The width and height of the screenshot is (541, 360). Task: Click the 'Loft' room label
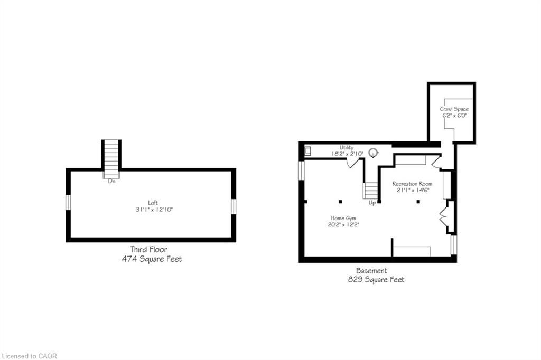[x=153, y=202]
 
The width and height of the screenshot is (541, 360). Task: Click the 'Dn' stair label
[x=111, y=181]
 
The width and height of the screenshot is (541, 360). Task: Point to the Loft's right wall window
[x=234, y=206]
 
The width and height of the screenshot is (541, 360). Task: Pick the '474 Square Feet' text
[x=152, y=259]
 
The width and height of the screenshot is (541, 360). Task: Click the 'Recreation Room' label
[x=412, y=184]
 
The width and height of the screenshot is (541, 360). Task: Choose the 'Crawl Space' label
[x=454, y=109]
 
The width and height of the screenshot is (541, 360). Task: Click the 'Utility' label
[x=347, y=147]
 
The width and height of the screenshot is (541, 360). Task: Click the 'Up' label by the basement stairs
[x=372, y=203]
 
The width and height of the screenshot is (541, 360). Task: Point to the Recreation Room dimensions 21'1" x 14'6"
[x=412, y=191]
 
